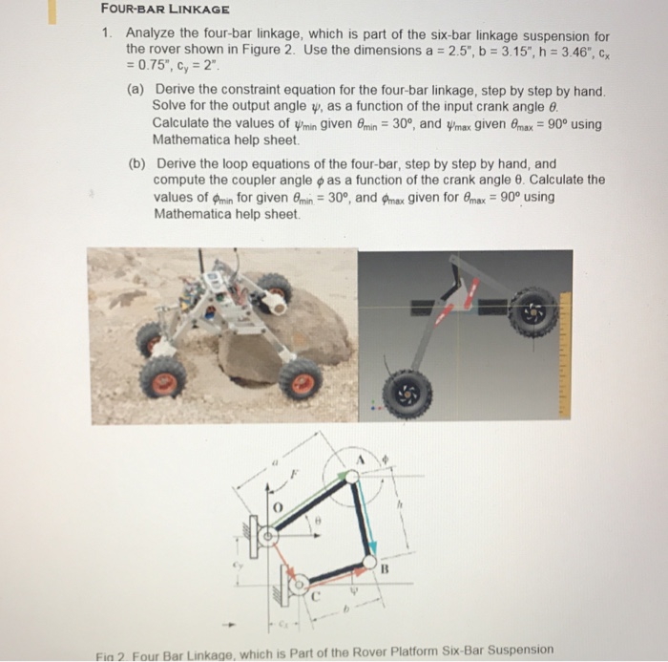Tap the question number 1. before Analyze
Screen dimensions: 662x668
[109, 33]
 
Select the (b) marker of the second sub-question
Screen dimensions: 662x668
[136, 164]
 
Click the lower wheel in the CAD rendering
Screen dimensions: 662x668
[407, 394]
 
